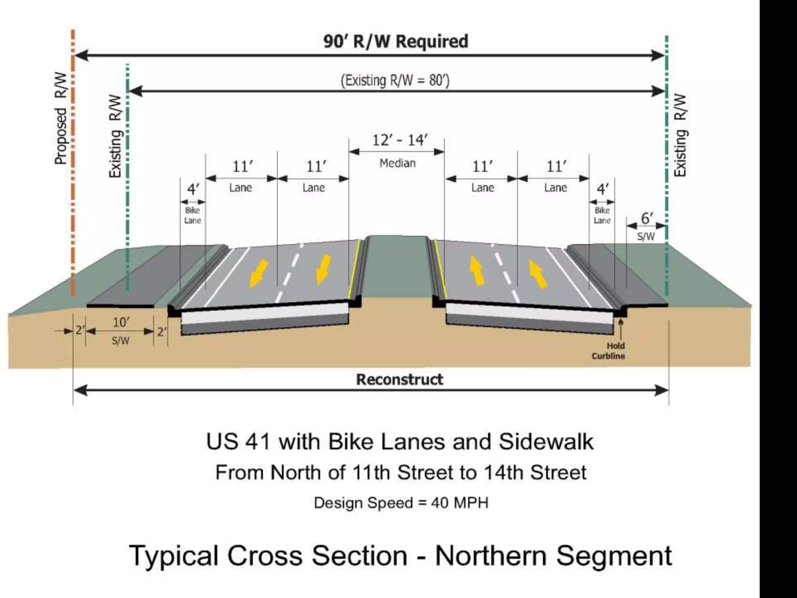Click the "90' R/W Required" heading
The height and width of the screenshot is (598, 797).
(x=395, y=41)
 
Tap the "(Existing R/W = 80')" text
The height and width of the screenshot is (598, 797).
(x=395, y=81)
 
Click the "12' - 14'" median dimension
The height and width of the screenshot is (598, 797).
(x=400, y=140)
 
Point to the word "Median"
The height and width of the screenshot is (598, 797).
(x=397, y=163)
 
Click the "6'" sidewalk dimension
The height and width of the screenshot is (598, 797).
(x=646, y=218)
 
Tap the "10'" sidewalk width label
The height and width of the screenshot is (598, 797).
(x=121, y=322)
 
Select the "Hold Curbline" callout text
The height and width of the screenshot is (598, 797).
(x=608, y=351)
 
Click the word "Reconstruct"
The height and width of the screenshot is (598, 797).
(x=400, y=379)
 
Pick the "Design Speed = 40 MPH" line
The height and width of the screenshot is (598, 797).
(x=401, y=503)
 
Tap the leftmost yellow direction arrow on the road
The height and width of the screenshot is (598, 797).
(x=258, y=273)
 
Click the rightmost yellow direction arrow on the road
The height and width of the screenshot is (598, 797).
(x=537, y=274)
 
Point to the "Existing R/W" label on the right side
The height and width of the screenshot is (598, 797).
(x=680, y=135)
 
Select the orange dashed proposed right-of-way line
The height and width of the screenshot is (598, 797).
(x=73, y=164)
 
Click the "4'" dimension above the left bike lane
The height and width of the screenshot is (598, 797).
(x=193, y=189)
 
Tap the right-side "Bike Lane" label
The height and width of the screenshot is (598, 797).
(x=602, y=215)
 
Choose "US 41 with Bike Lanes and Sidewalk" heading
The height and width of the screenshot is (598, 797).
(x=400, y=442)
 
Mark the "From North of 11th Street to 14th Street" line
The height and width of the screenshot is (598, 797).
(x=401, y=473)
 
